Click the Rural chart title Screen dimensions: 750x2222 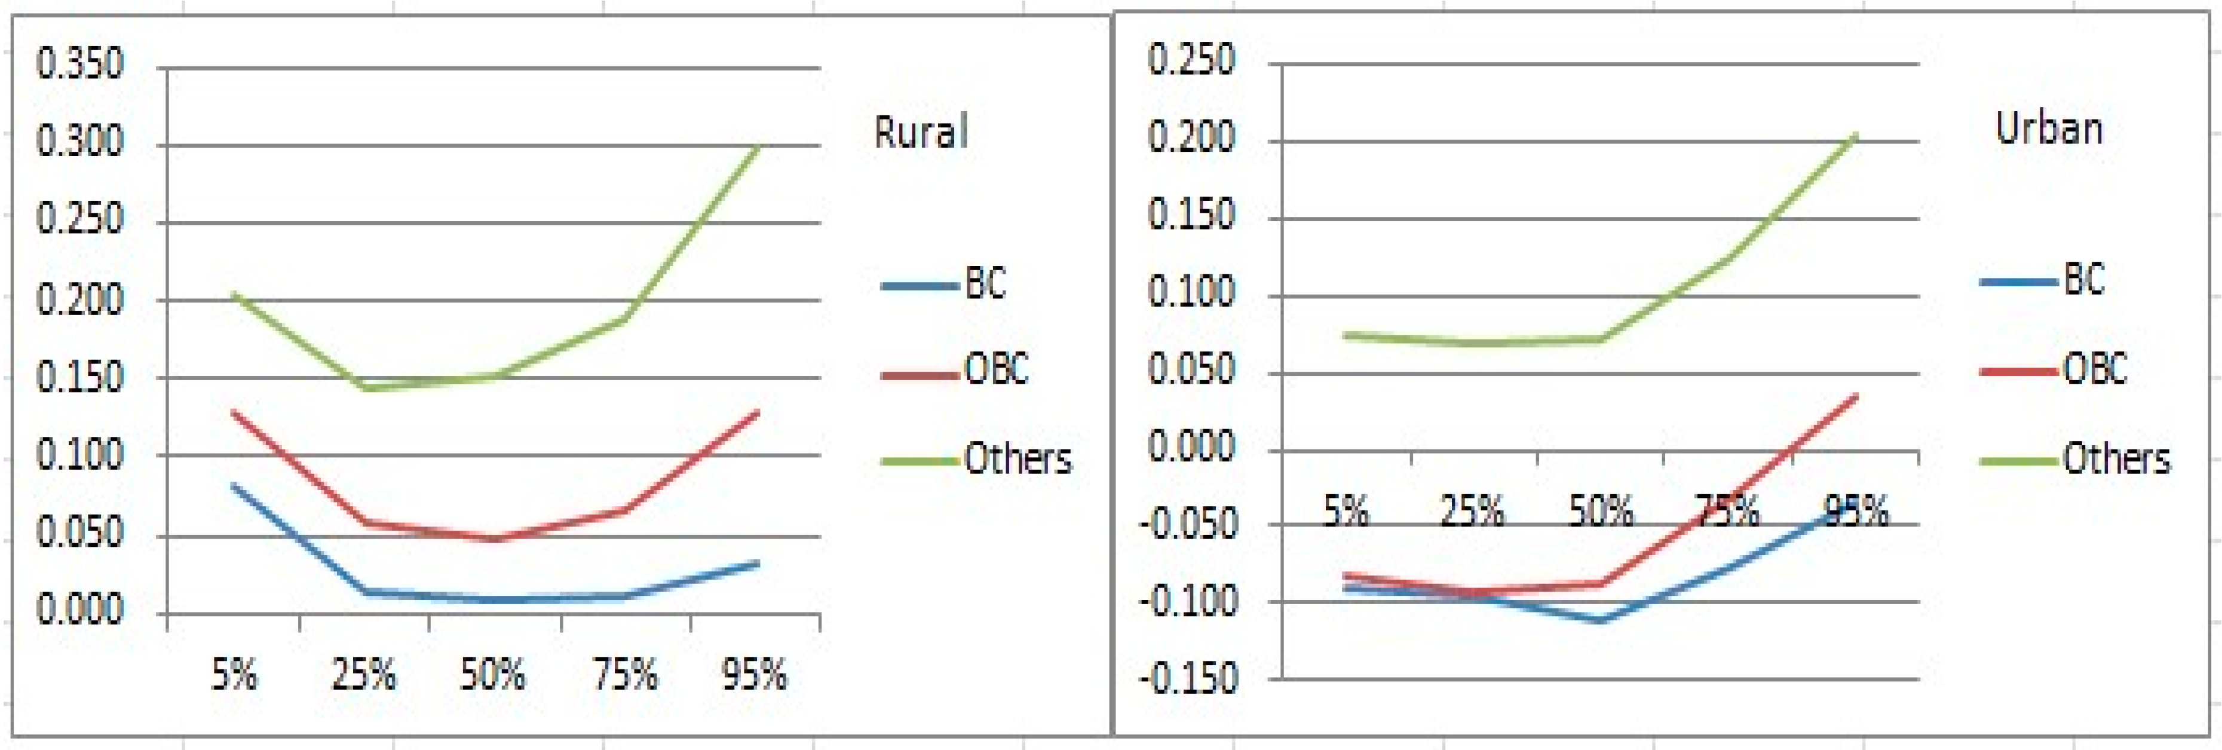[x=921, y=132]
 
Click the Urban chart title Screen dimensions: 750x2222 [x=2049, y=128]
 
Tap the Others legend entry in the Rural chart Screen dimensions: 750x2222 [x=1018, y=459]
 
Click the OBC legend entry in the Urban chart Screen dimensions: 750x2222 [x=2094, y=369]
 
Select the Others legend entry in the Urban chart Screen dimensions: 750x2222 [x=2116, y=459]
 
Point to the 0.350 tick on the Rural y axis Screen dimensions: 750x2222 [x=79, y=65]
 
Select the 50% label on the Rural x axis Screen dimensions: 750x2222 [x=492, y=674]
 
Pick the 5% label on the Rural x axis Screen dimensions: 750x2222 [x=234, y=674]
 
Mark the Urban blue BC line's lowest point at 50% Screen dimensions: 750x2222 [x=1600, y=620]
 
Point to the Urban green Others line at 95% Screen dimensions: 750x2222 [x=1855, y=136]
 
